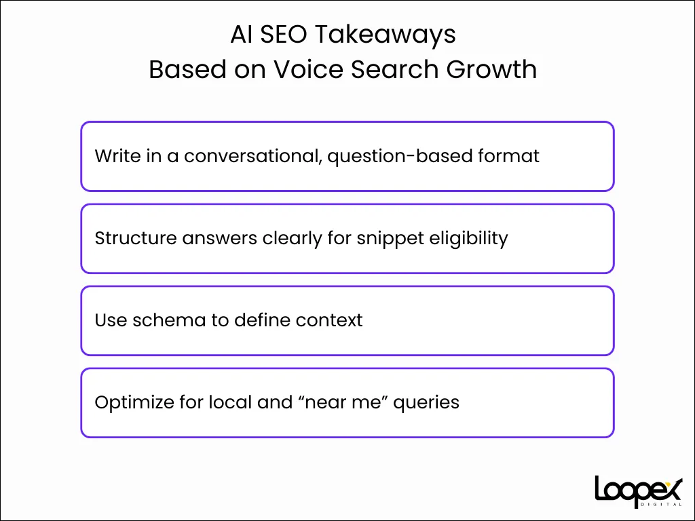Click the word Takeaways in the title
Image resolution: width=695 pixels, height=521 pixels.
(386, 35)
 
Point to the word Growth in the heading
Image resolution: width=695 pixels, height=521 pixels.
(491, 70)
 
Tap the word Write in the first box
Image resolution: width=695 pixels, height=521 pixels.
(114, 156)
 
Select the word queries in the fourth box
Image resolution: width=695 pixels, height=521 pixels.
(426, 403)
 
